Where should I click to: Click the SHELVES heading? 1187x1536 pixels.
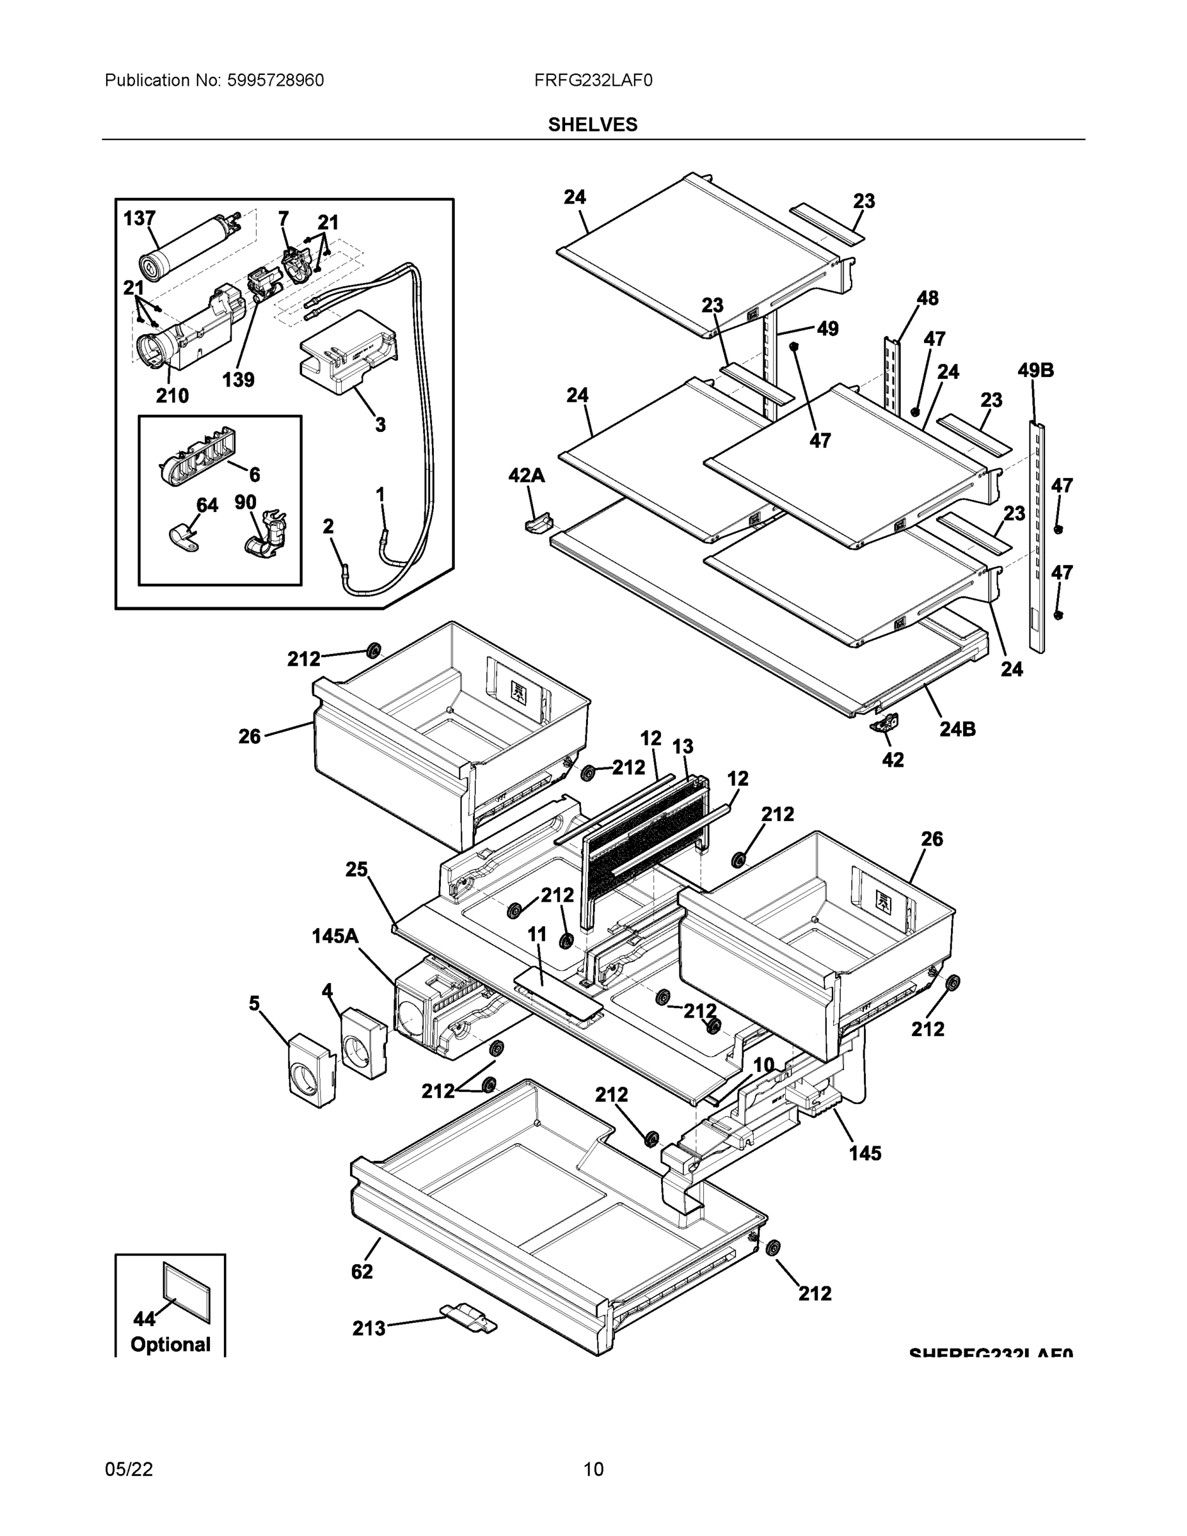coord(593,125)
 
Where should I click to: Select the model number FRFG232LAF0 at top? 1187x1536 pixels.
coord(593,81)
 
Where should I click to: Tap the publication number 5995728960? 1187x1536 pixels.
coord(275,81)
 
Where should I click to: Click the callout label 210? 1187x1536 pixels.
coord(172,396)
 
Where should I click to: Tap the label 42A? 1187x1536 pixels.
coord(527,476)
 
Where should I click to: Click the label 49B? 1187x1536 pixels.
coord(1036,371)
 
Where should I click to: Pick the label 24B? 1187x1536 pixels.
coord(957,730)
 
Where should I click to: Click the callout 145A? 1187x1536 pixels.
coord(335,936)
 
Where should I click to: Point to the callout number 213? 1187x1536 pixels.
coord(369,1328)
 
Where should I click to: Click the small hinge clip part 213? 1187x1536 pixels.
coord(468,1317)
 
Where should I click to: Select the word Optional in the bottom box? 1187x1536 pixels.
coord(170,1345)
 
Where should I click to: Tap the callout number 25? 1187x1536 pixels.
coord(356,870)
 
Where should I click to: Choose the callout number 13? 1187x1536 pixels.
coord(682,747)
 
